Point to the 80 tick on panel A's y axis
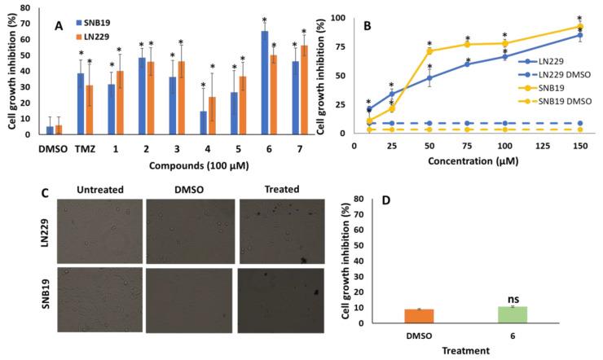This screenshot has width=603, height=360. click(x=32, y=8)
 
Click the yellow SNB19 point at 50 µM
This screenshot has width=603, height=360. click(x=429, y=51)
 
